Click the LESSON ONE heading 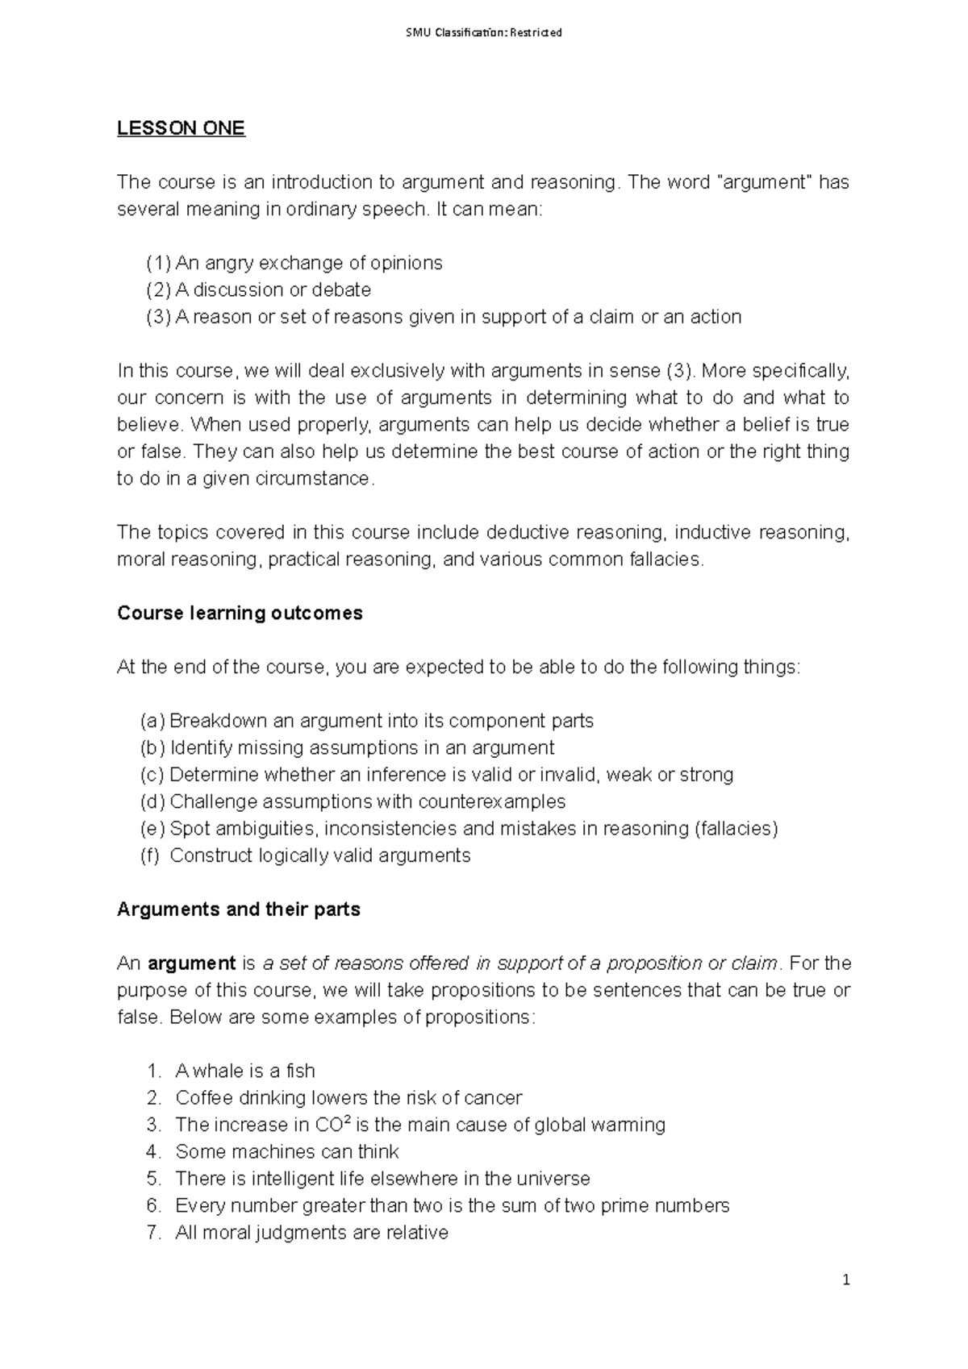181,128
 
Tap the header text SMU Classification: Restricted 483,33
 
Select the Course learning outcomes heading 240,614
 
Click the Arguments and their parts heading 238,909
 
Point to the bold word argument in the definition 192,963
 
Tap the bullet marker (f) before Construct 150,856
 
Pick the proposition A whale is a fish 244,1071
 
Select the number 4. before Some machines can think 155,1152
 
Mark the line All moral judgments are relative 311,1233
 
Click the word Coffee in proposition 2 202,1098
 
